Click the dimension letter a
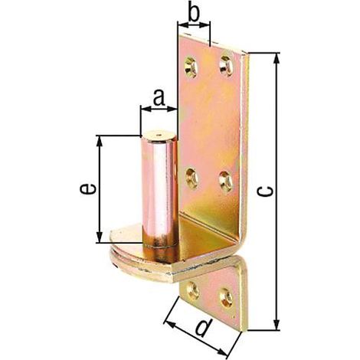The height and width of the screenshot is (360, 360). [159, 98]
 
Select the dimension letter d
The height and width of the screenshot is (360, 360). [204, 328]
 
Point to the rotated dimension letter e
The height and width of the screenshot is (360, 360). [87, 188]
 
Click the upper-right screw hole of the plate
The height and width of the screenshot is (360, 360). [226, 66]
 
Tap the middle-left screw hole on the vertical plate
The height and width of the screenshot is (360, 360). [191, 178]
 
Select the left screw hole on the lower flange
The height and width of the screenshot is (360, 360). [193, 290]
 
